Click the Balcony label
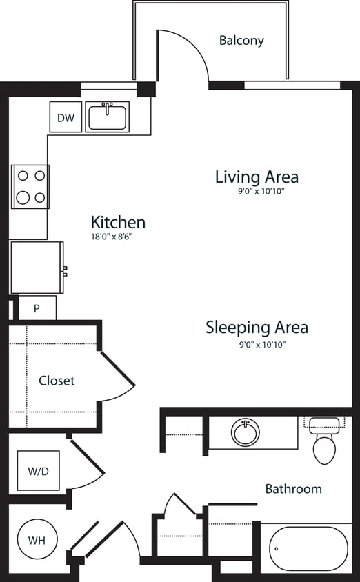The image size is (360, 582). tap(241, 41)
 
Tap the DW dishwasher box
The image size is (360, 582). tap(66, 118)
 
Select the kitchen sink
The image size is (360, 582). tap(107, 117)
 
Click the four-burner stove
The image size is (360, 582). tap(30, 187)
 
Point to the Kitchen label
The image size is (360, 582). tap(118, 222)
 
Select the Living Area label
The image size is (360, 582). tap(257, 177)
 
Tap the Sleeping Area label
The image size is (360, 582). tap(257, 327)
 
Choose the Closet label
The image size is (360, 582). tap(57, 381)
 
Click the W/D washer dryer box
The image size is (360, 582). tap(39, 471)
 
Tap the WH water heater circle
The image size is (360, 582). tap(37, 540)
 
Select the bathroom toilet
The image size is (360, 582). tap(323, 441)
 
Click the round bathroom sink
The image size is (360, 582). tap(245, 432)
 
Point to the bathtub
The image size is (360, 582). tap(308, 549)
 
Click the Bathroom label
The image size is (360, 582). tap(293, 489)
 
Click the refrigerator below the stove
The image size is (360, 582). tap(37, 268)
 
